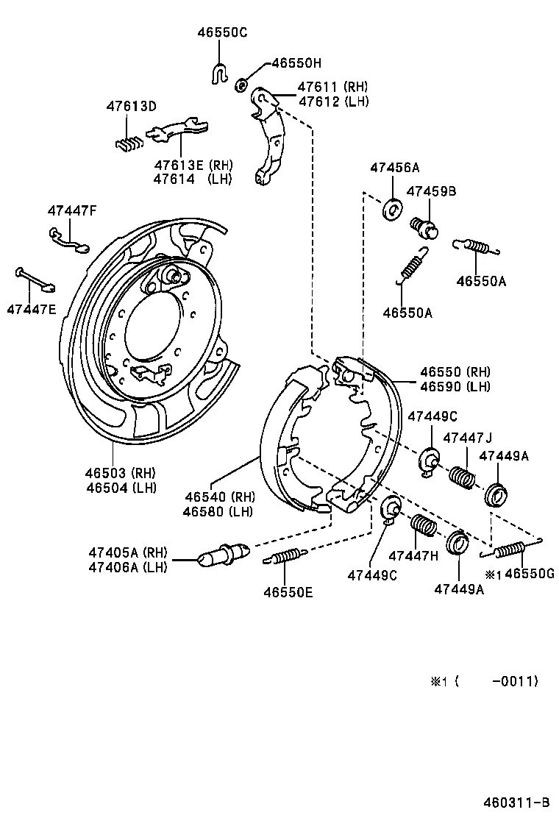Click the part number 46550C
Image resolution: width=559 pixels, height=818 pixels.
click(x=222, y=32)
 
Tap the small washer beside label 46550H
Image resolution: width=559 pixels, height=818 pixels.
click(x=241, y=85)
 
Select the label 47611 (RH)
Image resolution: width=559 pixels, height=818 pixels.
click(x=332, y=87)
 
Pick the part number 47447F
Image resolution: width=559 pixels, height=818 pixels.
click(x=72, y=210)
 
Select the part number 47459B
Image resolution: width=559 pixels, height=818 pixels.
click(x=432, y=191)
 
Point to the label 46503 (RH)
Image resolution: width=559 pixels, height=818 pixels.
click(x=123, y=472)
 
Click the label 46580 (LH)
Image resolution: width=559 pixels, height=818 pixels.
click(x=219, y=511)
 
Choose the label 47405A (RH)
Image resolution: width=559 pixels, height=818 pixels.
click(x=128, y=552)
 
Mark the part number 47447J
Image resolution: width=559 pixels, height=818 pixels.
click(x=468, y=438)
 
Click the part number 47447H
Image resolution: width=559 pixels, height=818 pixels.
click(x=413, y=555)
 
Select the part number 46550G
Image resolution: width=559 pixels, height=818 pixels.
click(x=530, y=575)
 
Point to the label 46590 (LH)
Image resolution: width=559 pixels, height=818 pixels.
click(x=455, y=386)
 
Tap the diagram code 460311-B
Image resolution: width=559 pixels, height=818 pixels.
click(x=516, y=802)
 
